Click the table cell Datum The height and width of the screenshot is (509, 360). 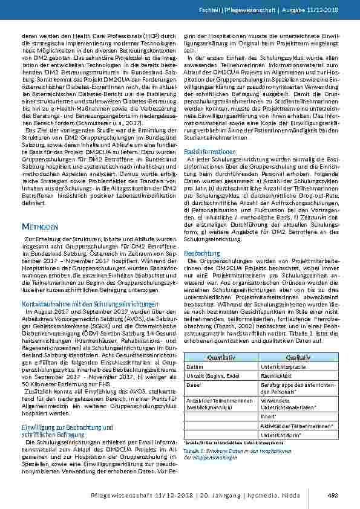click(195, 367)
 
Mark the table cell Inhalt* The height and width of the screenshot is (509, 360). click(269, 417)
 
